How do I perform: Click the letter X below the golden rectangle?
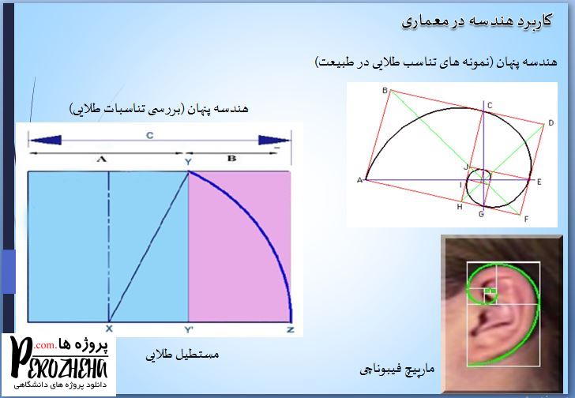pos(109,329)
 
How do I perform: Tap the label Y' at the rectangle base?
pos(189,330)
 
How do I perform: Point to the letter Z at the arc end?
pos(291,330)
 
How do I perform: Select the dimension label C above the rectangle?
pos(149,136)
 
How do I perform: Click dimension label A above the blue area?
pos(102,159)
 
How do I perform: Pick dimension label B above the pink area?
pos(231,158)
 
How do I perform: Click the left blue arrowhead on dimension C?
pos(46,140)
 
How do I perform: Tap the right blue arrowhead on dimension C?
pos(274,140)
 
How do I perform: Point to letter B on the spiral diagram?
pos(385,90)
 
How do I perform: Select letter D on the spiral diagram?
pos(551,123)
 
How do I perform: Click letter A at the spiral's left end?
pos(359,180)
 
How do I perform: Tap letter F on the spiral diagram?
pos(526,220)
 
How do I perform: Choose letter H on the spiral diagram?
pos(460,207)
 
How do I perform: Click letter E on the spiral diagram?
pos(539,182)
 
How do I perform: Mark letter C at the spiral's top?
pos(490,106)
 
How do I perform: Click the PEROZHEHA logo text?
pos(59,360)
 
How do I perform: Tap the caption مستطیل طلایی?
pos(182,355)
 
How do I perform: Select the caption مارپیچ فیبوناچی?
pos(396,369)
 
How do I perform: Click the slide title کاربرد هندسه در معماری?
pos(476,21)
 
